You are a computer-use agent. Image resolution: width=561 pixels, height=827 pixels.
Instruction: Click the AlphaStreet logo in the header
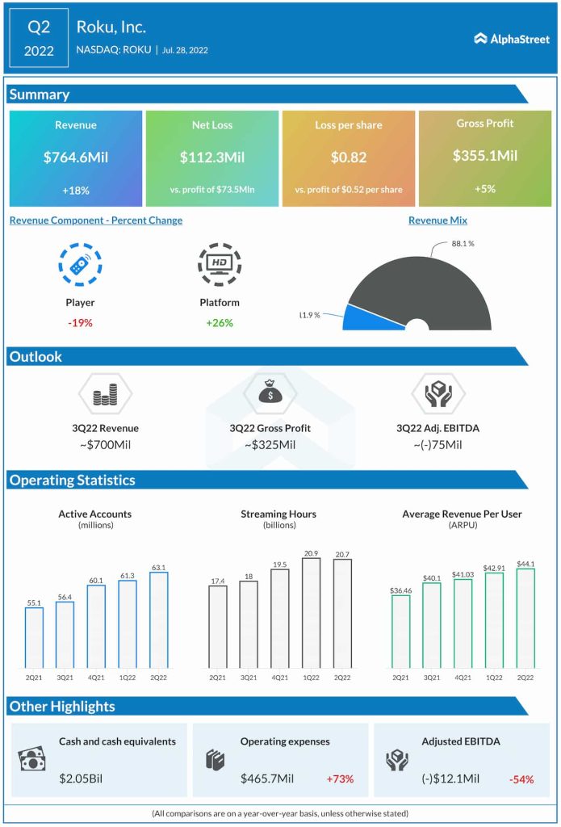pyautogui.click(x=512, y=38)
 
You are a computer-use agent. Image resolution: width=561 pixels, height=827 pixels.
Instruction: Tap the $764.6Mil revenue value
pyautogui.click(x=76, y=157)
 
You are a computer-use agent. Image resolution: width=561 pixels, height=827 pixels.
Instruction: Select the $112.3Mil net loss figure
pyautogui.click(x=212, y=157)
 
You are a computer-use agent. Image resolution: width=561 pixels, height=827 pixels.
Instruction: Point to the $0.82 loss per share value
pyautogui.click(x=349, y=157)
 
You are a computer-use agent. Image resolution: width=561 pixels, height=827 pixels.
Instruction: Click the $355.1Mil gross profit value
pyautogui.click(x=485, y=155)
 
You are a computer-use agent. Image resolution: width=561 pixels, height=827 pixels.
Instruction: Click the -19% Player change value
pyautogui.click(x=80, y=322)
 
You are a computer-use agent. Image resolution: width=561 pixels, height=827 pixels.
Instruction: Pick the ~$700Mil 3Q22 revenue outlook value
pyautogui.click(x=104, y=445)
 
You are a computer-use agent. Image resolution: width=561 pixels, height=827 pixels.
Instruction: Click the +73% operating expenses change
pyautogui.click(x=340, y=779)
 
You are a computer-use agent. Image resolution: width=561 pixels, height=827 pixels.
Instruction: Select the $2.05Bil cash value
pyautogui.click(x=81, y=779)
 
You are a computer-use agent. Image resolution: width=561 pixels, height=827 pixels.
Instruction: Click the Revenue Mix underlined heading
pyautogui.click(x=437, y=220)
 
